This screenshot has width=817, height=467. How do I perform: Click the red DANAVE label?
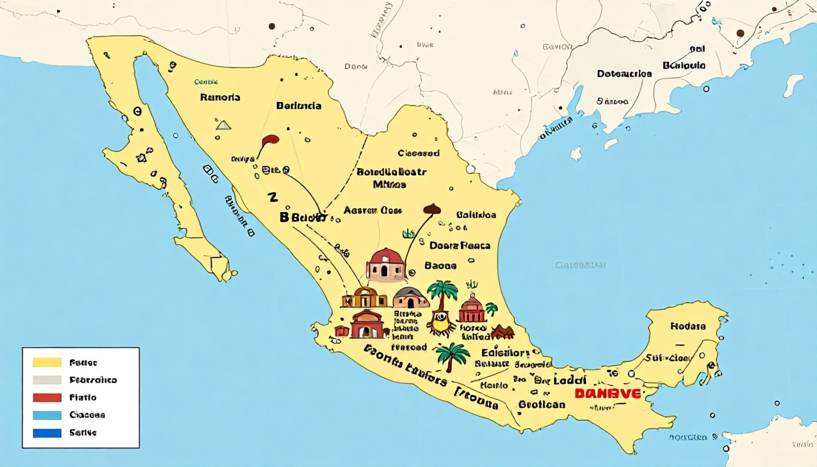pyautogui.click(x=607, y=394)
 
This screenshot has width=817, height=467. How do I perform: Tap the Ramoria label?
pyautogui.click(x=220, y=97)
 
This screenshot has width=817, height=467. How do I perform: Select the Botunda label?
pyautogui.click(x=299, y=106)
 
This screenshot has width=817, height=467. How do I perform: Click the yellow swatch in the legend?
pyautogui.click(x=47, y=363)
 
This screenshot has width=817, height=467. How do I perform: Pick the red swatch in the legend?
pyautogui.click(x=47, y=397)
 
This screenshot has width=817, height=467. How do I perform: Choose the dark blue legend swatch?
pyautogui.click(x=47, y=432)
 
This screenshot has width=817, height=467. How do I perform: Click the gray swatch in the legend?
pyautogui.click(x=47, y=380)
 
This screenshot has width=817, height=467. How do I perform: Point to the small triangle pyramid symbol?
pyautogui.click(x=223, y=125)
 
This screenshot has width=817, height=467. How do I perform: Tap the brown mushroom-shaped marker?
pyautogui.click(x=432, y=209)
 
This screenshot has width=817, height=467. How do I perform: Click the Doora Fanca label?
pyautogui.click(x=460, y=245)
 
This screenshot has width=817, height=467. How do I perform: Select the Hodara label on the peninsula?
pyautogui.click(x=688, y=326)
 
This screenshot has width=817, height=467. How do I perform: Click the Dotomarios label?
pyautogui.click(x=624, y=73)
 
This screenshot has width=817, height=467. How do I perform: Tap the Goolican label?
pyautogui.click(x=542, y=405)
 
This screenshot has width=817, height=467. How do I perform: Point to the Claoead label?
pyautogui.click(x=418, y=153)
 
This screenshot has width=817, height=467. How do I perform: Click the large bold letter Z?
pyautogui.click(x=273, y=197)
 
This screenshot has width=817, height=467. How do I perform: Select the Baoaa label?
pyautogui.click(x=440, y=265)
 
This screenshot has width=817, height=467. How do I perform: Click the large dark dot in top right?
pyautogui.click(x=740, y=33)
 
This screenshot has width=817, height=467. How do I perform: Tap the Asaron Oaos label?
pyautogui.click(x=372, y=210)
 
